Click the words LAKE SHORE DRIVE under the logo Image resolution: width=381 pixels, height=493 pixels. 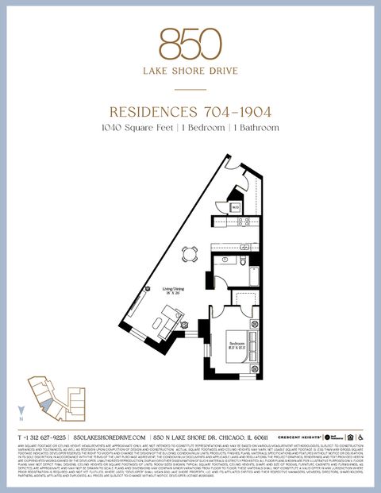pyautogui.click(x=190, y=69)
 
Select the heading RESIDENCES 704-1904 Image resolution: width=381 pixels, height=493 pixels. pyautogui.click(x=190, y=112)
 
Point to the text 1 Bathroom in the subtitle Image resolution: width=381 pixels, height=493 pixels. pyautogui.click(x=254, y=127)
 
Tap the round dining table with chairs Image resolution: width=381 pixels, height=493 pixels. pyautogui.click(x=190, y=254)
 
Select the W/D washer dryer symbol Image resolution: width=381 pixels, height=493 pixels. pyautogui.click(x=236, y=206)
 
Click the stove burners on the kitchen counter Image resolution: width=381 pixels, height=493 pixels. pyautogui.click(x=247, y=225)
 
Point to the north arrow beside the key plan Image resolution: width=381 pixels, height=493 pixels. pyautogui.click(x=21, y=411)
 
